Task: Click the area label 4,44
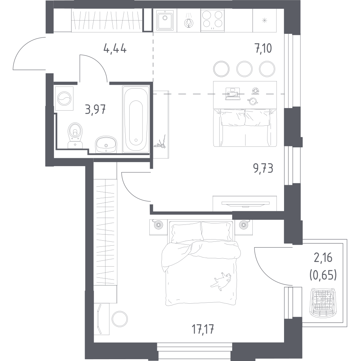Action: coord(115,49)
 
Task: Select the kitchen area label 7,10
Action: coord(263,48)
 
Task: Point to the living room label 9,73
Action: coord(263,169)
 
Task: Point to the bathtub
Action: coord(136,119)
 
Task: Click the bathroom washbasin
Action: coord(106,144)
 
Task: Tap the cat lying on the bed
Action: coord(221,281)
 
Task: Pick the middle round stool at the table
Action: coord(244,69)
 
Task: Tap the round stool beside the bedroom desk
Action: coord(120,318)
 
